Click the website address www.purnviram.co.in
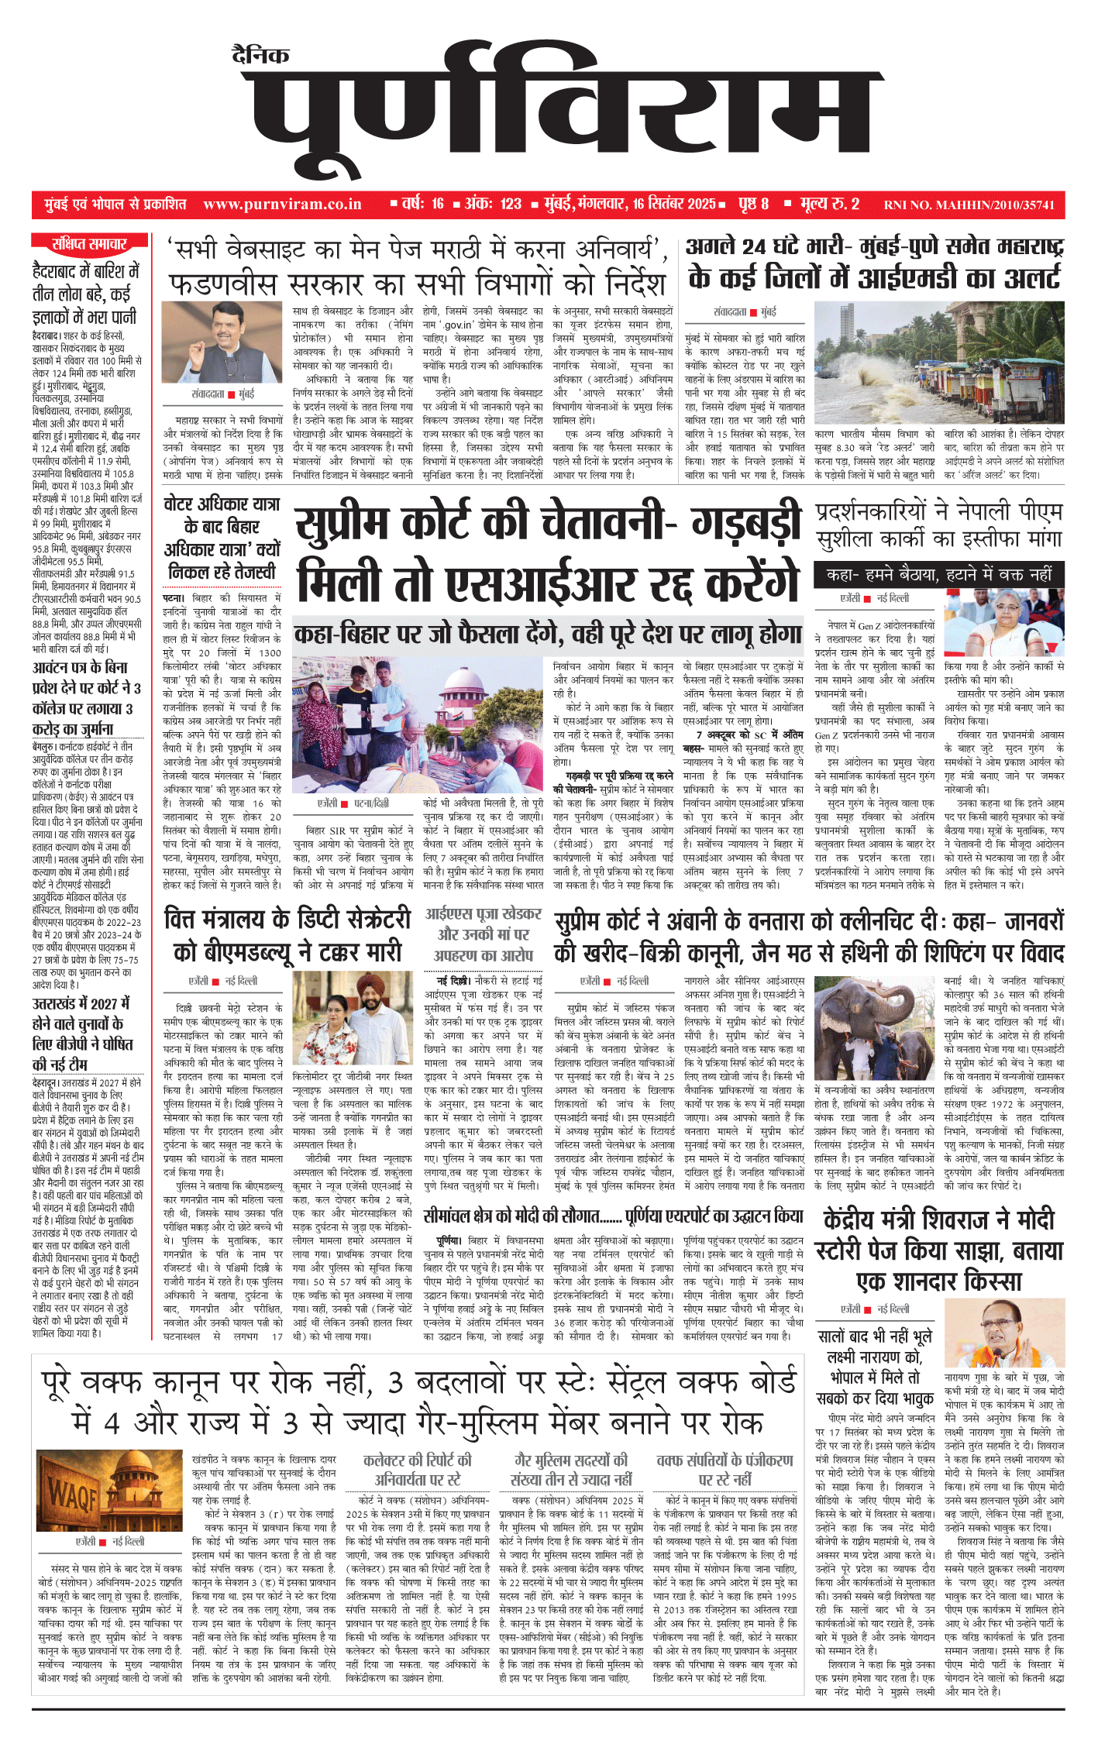282,205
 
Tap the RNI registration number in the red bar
969,205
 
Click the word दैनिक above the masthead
260,55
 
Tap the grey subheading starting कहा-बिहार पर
547,635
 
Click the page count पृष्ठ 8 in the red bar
753,205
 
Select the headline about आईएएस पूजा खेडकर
483,934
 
